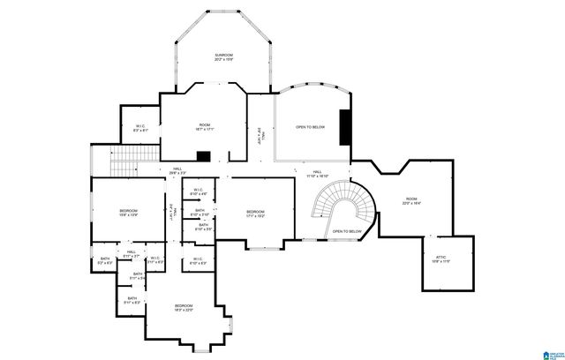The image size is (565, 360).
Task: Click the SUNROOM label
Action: (x=223, y=56)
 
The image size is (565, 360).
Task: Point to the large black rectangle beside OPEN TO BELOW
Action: (x=344, y=126)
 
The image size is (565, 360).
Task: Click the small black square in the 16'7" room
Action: (x=203, y=156)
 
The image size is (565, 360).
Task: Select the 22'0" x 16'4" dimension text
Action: (x=411, y=205)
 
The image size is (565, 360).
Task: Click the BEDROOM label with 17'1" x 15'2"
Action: (x=256, y=211)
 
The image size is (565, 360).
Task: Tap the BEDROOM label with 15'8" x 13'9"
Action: (x=128, y=211)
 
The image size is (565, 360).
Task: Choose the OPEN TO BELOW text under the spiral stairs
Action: (x=347, y=231)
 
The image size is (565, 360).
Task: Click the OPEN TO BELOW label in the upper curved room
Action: (x=310, y=127)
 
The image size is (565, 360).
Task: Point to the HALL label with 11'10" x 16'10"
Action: (x=316, y=172)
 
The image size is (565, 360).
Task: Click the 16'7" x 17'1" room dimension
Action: (x=205, y=130)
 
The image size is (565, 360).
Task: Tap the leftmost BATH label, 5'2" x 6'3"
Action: (x=104, y=258)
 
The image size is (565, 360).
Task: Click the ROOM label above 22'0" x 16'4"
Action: (x=411, y=199)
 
